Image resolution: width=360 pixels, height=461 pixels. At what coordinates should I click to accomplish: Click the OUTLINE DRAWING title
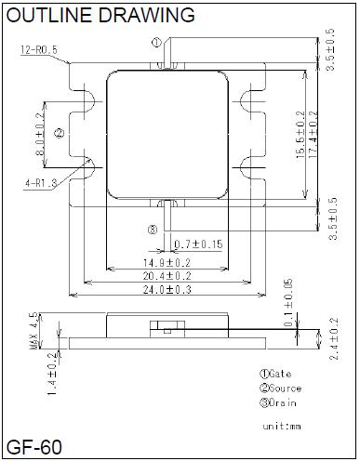(x=100, y=15)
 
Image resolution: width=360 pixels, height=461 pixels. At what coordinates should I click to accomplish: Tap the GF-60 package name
(x=34, y=447)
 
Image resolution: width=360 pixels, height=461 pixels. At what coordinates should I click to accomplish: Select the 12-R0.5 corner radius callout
(x=39, y=49)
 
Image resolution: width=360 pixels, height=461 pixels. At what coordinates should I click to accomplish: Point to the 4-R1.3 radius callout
(x=41, y=183)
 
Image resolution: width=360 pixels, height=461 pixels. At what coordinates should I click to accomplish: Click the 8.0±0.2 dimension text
(x=40, y=135)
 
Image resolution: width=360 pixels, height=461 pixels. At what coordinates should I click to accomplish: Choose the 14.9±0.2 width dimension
(x=167, y=263)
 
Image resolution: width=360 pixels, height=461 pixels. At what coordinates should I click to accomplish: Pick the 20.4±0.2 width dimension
(x=167, y=276)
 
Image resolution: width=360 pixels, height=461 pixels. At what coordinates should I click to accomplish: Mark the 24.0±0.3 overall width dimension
(x=167, y=290)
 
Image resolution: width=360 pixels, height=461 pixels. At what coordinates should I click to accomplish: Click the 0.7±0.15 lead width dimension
(x=198, y=244)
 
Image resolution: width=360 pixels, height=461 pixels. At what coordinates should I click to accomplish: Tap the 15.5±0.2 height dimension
(x=300, y=135)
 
